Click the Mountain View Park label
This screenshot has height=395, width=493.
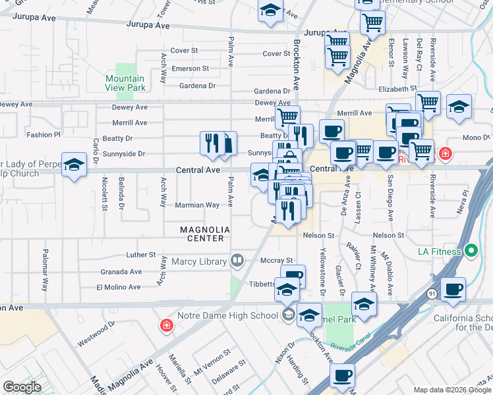click(125, 83)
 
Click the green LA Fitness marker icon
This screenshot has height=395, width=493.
click(471, 251)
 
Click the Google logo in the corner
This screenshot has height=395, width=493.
click(22, 387)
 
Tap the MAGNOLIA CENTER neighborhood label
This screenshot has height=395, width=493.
click(206, 234)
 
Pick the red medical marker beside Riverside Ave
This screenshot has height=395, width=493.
click(446, 154)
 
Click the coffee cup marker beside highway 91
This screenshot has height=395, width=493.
click(453, 289)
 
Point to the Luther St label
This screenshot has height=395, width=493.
click(141, 255)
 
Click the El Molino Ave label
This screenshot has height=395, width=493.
click(119, 287)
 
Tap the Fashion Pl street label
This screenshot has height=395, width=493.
click(43, 134)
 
